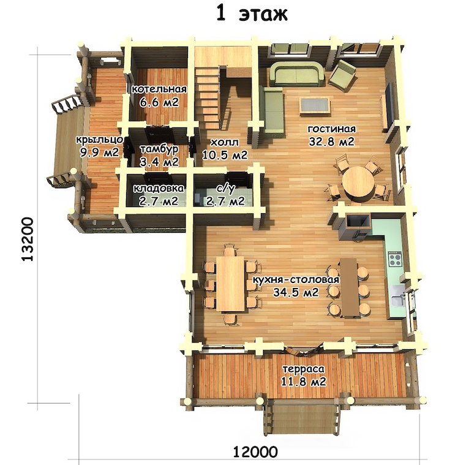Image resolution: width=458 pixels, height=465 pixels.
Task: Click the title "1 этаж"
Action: coord(252,14)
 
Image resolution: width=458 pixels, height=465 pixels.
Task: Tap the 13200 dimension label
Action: coord(28,240)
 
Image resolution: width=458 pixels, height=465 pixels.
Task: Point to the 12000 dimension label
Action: coord(255,453)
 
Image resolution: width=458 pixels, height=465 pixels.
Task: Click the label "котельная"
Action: coord(159,89)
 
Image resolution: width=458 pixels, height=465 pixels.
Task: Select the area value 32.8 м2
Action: coord(331,142)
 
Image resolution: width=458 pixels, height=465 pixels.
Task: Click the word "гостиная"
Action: coord(332,129)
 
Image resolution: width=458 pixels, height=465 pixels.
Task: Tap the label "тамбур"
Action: coord(159,149)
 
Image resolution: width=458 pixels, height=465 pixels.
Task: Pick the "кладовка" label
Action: coord(159,188)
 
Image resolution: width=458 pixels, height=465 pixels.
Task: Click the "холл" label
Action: coord(224,142)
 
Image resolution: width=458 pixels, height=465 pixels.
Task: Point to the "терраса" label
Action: coord(303,369)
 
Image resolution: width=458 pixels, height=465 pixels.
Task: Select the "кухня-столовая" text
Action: coord(296,280)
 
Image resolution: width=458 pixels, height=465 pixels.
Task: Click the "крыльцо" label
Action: coord(99,140)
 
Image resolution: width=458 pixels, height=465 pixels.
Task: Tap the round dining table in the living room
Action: coord(358,183)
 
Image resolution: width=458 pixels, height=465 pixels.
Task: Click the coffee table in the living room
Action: coord(315,105)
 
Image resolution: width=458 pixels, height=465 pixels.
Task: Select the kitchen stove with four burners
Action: coord(395,259)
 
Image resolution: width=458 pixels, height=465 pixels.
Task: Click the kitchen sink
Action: coord(397,298)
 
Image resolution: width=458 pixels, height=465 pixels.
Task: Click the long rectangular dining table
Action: coord(230,284)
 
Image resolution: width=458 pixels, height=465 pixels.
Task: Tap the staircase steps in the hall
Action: coord(207,96)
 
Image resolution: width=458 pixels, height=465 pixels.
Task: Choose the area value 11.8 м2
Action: coord(304,381)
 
